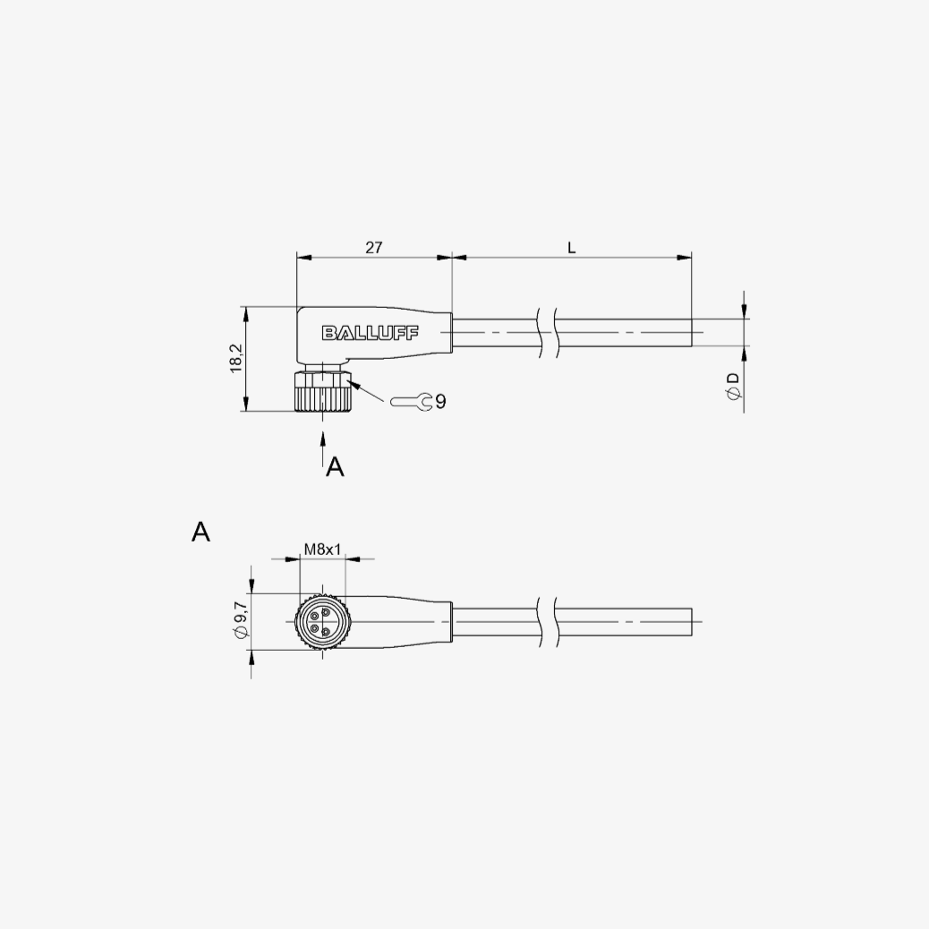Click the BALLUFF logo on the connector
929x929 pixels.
(371, 333)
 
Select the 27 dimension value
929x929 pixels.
(374, 247)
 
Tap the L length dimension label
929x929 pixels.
(572, 248)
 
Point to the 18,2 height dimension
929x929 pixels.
(237, 359)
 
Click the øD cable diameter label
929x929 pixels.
(734, 386)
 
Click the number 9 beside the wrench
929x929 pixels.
(440, 402)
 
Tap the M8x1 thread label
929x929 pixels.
(322, 550)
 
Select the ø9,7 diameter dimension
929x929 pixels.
(241, 621)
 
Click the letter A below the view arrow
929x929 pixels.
(335, 467)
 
